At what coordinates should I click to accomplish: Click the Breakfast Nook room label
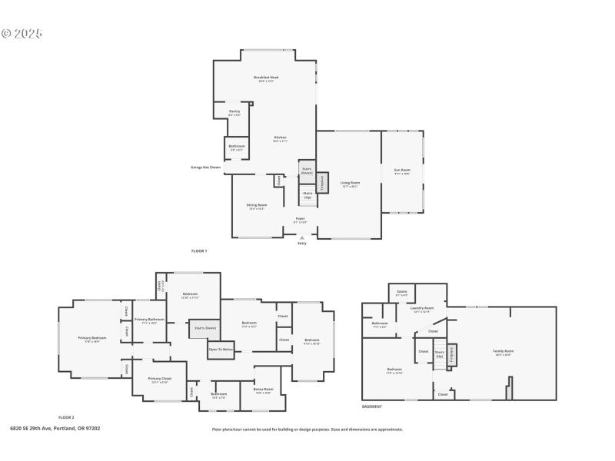tap(266, 78)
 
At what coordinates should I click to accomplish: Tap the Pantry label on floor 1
tap(234, 112)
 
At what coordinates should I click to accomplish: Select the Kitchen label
tap(280, 138)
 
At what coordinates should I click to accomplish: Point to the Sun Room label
tap(402, 171)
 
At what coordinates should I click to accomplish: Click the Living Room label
tap(350, 184)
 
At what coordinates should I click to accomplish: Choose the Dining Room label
tap(257, 206)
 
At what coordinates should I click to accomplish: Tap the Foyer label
tap(301, 220)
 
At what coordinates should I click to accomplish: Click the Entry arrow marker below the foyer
tap(301, 238)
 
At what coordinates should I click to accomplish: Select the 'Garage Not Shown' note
tap(206, 167)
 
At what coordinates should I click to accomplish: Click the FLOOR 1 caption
tap(199, 251)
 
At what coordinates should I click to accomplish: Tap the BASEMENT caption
tap(372, 406)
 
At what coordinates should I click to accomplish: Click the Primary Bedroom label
tap(92, 338)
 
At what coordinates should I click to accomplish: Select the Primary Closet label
tap(160, 380)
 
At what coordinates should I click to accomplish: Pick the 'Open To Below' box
tap(221, 350)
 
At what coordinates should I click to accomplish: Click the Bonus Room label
tap(262, 391)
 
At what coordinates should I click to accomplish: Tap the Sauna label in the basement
tap(401, 293)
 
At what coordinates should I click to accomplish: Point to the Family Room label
tap(504, 352)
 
